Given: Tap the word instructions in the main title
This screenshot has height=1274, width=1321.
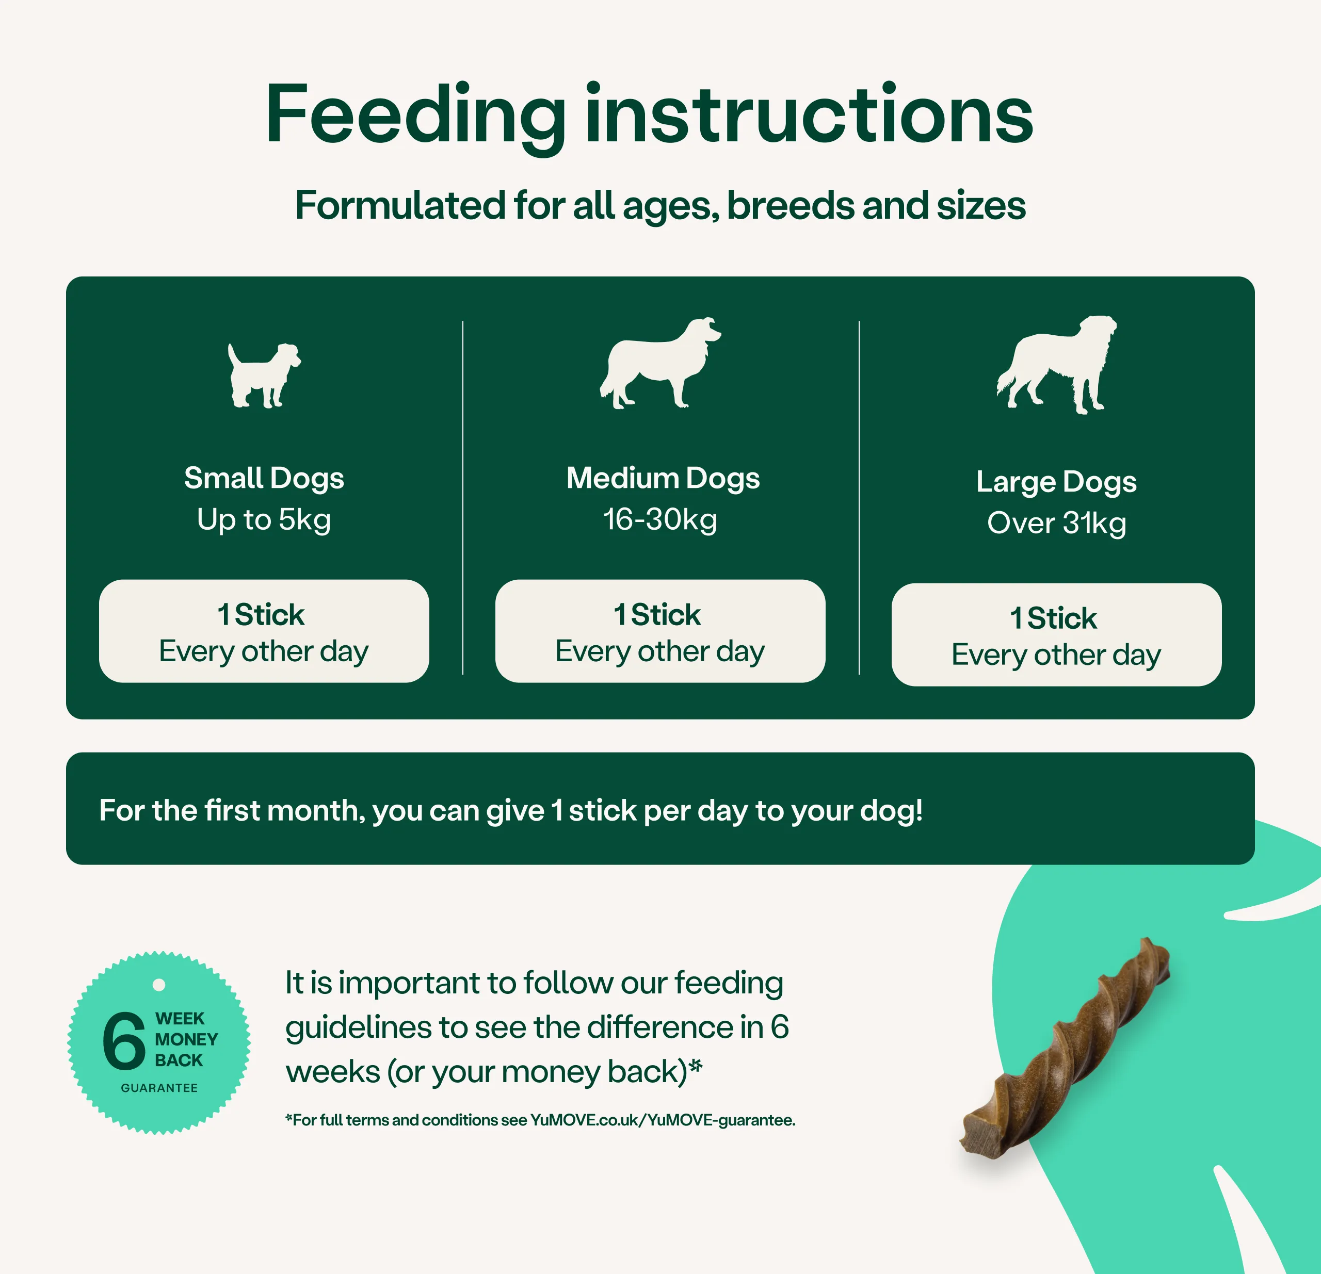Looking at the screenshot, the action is pyautogui.click(x=809, y=113).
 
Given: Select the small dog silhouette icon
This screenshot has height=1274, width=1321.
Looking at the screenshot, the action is pyautogui.click(x=264, y=375).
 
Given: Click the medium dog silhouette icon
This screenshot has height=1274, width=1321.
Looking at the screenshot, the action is pyautogui.click(x=660, y=363).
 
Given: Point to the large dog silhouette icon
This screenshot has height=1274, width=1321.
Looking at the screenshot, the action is pyautogui.click(x=1056, y=364).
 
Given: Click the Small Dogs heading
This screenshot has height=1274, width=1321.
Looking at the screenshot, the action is pyautogui.click(x=264, y=478).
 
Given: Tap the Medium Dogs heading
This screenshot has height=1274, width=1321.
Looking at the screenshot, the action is pyautogui.click(x=663, y=478).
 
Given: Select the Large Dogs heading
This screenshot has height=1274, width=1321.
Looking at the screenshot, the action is pyautogui.click(x=1056, y=482).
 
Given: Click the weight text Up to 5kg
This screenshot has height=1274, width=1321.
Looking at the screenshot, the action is pyautogui.click(x=264, y=520).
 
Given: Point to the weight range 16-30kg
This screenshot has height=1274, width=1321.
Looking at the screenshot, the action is pyautogui.click(x=660, y=520).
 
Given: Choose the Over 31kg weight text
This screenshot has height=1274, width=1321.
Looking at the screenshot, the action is pyautogui.click(x=1056, y=524).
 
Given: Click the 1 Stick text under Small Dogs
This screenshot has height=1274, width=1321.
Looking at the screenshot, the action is pyautogui.click(x=261, y=614).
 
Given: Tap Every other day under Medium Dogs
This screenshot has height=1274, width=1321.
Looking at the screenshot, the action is pyautogui.click(x=660, y=651).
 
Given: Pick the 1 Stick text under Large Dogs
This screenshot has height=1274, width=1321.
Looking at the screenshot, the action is pyautogui.click(x=1053, y=618).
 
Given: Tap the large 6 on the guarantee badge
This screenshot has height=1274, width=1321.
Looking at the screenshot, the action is pyautogui.click(x=124, y=1040).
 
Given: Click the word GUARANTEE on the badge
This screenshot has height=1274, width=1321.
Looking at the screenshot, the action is pyautogui.click(x=159, y=1088).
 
